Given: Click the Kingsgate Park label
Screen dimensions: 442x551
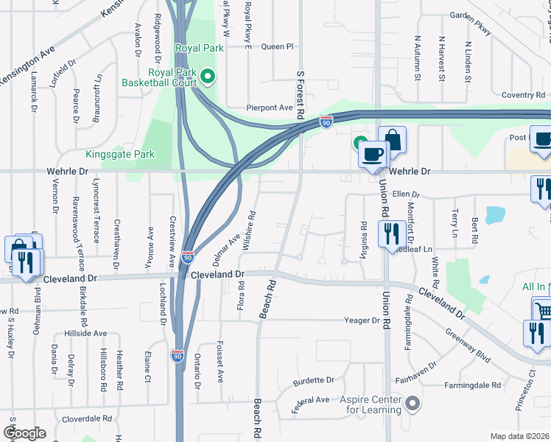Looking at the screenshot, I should coord(130,155).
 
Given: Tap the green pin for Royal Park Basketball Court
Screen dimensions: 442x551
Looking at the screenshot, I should coord(208,75).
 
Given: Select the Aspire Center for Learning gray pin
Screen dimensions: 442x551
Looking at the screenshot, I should coord(413,403).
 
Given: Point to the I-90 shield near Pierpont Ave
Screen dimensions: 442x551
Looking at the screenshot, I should coord(326,121).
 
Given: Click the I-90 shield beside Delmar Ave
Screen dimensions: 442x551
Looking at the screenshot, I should coord(188,257).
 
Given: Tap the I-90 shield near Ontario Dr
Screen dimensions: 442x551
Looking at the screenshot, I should coord(178,356).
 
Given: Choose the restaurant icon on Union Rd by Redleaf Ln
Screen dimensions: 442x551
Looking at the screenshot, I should coord(389,234).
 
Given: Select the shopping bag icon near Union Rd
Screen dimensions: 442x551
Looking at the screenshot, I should coord(393,140).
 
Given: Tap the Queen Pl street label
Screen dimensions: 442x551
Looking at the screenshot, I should coord(277,46).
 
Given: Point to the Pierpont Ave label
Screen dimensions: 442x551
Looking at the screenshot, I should coord(270,108).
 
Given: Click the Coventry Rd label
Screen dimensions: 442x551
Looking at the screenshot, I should coord(523,95).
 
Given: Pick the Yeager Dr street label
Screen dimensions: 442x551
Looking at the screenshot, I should coord(362,320).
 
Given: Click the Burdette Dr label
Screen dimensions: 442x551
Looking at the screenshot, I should coord(314,381).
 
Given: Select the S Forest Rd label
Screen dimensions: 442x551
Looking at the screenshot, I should coord(301,96).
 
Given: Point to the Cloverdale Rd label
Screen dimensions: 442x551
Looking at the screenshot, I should coord(86,418).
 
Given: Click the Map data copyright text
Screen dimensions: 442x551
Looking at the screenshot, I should coord(520,436).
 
